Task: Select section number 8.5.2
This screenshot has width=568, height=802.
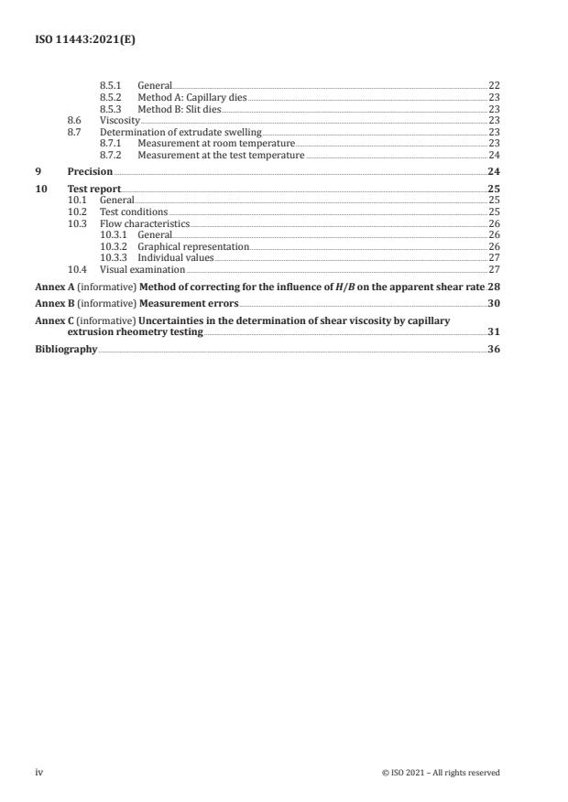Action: [112, 97]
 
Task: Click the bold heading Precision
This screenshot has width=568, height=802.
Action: [90, 171]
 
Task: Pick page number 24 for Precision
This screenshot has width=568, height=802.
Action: [493, 171]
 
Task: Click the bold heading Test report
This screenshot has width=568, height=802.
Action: [94, 188]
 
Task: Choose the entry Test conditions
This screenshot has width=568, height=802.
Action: [133, 211]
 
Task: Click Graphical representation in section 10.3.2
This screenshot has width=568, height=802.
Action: [192, 246]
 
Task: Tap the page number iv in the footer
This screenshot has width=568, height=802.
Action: [39, 772]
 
